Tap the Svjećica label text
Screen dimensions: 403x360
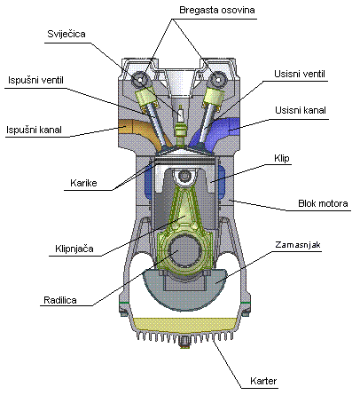pyautogui.click(x=67, y=35)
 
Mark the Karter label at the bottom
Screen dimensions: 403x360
pyautogui.click(x=263, y=381)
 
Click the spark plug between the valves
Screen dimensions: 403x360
pyautogui.click(x=181, y=120)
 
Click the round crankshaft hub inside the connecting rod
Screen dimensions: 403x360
pyautogui.click(x=181, y=257)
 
